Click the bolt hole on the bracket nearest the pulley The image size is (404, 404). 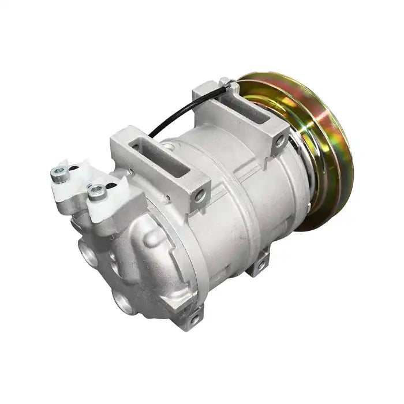click(279, 139)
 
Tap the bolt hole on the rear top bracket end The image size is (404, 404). click(200, 196)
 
